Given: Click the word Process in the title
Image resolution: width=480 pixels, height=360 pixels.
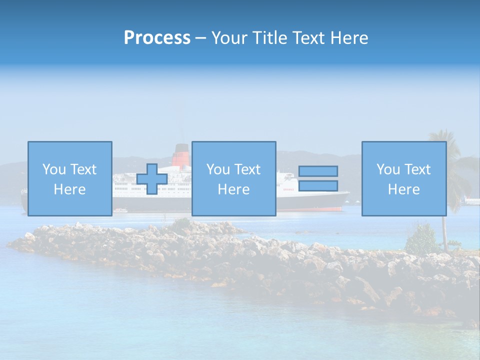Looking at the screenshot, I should [x=157, y=38].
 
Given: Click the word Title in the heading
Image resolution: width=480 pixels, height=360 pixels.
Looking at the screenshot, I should [x=272, y=38].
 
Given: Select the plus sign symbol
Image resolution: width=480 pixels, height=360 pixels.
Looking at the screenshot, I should [x=152, y=179].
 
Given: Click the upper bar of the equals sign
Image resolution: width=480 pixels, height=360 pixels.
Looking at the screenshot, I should [x=318, y=171].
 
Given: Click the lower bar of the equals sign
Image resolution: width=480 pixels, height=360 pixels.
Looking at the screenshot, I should [x=318, y=186].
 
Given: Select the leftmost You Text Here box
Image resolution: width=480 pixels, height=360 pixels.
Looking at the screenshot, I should [x=69, y=178].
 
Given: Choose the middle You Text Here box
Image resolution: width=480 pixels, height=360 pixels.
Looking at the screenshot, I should [x=233, y=178].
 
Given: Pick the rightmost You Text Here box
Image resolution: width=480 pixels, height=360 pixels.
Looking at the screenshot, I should [x=403, y=178].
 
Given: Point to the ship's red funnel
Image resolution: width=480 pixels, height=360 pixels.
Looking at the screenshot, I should [x=181, y=155].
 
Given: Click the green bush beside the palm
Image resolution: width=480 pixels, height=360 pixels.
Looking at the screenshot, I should [x=422, y=240].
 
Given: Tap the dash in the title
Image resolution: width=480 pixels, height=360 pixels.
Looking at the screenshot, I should [x=201, y=39].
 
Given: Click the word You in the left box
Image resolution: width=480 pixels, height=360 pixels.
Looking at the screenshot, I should [x=54, y=169].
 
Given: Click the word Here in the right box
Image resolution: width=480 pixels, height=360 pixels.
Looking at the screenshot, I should [x=403, y=189].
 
